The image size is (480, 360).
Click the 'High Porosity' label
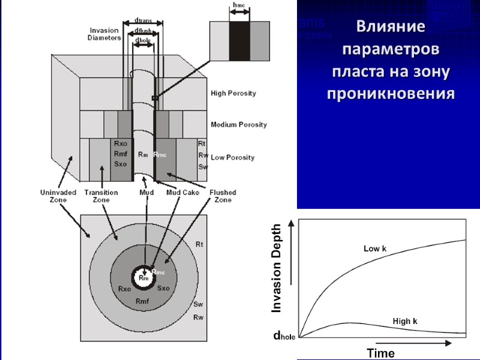click(233, 94)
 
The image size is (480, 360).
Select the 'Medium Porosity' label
click(238, 125)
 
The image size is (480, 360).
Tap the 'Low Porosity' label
click(232, 158)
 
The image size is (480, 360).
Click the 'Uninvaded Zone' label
click(57, 196)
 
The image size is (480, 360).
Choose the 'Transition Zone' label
click(101, 196)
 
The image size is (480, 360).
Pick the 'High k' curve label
click(405, 322)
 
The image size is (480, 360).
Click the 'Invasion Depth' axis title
click(277, 268)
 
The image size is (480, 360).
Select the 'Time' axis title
click(381, 353)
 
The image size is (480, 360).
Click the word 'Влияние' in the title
click(390, 27)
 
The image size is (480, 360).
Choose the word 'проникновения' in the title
click(390, 94)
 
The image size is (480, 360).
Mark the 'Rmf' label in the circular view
click(142, 301)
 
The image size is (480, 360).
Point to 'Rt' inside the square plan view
click(199, 244)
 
